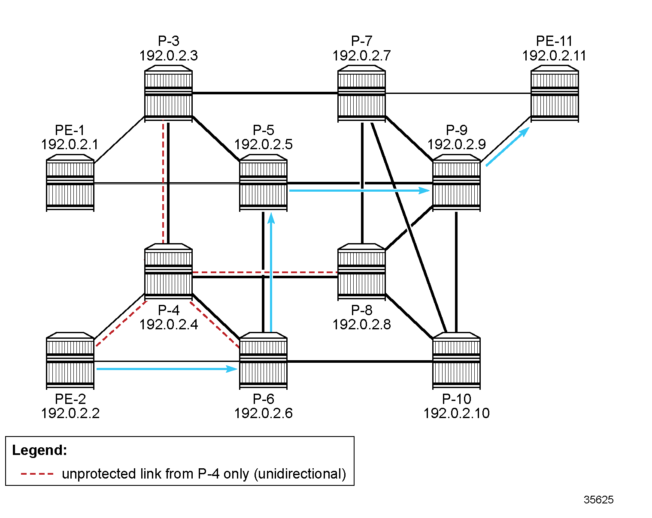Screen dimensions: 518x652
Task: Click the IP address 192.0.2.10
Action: coord(456,413)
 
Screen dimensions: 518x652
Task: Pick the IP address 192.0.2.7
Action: coord(361,56)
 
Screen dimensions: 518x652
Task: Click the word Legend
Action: coord(39,450)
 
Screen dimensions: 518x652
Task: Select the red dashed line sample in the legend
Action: coord(37,474)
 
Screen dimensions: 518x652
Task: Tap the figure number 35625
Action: coord(598,500)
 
